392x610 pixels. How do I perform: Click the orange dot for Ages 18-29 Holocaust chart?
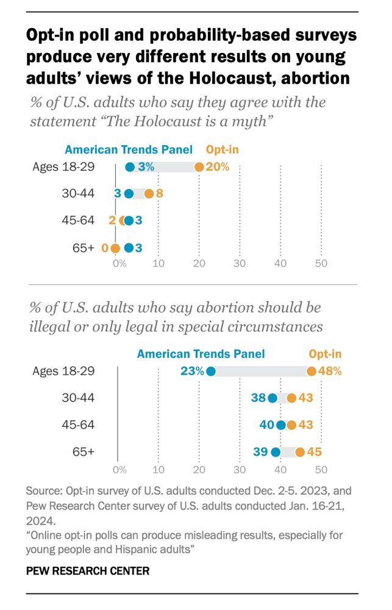tap(199, 167)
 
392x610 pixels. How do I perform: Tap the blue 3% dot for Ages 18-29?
tap(130, 167)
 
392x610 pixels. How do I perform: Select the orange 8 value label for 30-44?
tap(161, 194)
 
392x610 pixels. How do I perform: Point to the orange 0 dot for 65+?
tap(115, 248)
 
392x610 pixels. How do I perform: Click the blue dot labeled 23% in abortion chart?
tap(211, 371)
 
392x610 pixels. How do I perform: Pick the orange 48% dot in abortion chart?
tap(312, 371)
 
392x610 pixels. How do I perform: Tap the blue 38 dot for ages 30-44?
tap(272, 398)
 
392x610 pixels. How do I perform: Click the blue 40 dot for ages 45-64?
tap(280, 425)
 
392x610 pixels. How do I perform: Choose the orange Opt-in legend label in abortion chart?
tap(325, 354)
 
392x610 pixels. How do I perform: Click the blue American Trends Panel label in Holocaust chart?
tap(129, 149)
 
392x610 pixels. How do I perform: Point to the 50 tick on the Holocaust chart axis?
tap(321, 264)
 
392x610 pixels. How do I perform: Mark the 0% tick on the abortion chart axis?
tap(119, 470)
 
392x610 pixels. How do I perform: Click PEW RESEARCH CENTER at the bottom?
tap(88, 571)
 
